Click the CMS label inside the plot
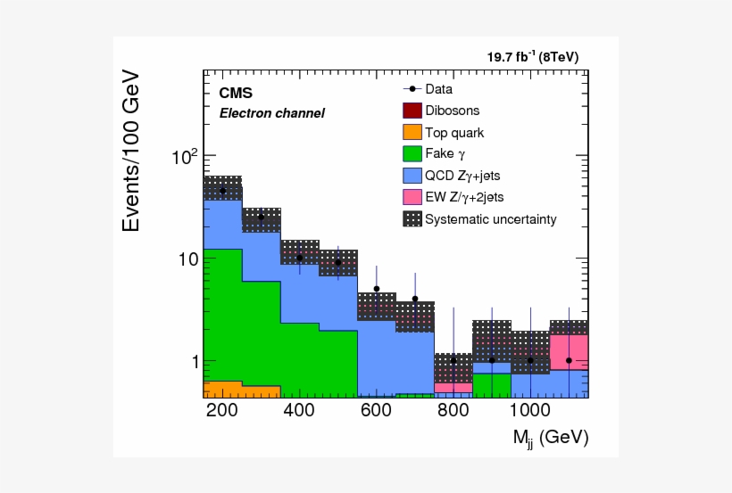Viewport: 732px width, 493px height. click(236, 93)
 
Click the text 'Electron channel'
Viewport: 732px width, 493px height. click(271, 113)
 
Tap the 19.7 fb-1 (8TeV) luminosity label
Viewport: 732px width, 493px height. click(532, 57)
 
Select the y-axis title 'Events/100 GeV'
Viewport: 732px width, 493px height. click(131, 151)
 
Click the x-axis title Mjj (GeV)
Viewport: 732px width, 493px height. click(550, 438)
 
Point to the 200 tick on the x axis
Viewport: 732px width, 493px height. click(221, 411)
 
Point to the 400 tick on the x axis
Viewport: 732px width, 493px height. click(299, 411)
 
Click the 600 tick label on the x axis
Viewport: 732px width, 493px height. click(377, 411)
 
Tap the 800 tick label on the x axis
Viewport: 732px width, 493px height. click(453, 411)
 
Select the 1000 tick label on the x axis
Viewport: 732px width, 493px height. click(530, 411)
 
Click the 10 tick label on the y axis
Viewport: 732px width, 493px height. click(184, 259)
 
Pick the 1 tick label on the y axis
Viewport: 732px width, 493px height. click(189, 362)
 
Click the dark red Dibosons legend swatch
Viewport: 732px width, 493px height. click(412, 111)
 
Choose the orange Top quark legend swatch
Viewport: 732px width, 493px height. click(412, 132)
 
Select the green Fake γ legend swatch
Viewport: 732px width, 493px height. click(412, 153)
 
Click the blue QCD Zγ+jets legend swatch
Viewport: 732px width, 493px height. click(412, 175)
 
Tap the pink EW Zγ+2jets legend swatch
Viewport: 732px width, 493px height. click(412, 196)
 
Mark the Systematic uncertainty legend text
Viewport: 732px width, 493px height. click(490, 218)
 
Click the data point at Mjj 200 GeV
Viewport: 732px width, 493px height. click(222, 191)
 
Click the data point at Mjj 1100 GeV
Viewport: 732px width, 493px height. click(569, 360)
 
